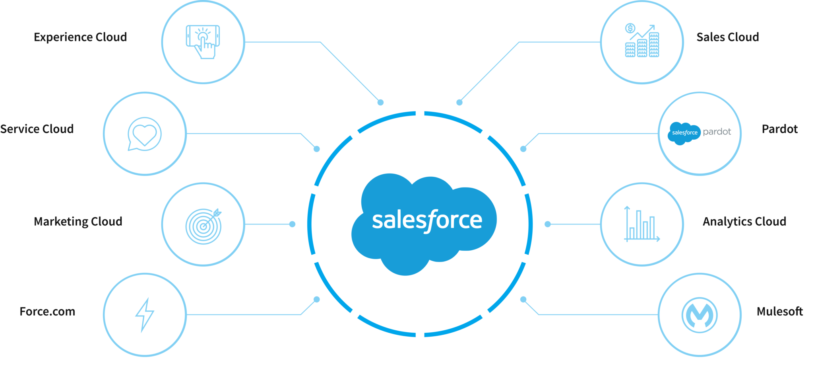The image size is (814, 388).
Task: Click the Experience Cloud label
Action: pos(80,37)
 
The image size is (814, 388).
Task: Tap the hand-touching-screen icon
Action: pos(203,42)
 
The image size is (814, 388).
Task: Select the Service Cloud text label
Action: pos(37,129)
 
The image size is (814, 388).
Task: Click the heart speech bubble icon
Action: pos(145,134)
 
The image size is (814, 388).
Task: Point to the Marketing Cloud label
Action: pos(78,222)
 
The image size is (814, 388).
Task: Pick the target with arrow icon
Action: pos(203,225)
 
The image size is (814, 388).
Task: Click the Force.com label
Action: pos(47,312)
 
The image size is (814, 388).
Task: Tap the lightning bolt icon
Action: pos(145,314)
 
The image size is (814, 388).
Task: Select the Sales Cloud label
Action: pos(727,37)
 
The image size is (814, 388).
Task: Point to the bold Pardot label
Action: pos(779,129)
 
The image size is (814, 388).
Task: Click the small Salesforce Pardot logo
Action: pos(700,133)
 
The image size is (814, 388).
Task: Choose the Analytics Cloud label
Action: pos(744,222)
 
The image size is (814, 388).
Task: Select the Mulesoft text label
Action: pos(779,312)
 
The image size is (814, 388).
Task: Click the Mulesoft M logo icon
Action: pos(700,315)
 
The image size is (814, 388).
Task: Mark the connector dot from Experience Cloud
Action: pos(380,103)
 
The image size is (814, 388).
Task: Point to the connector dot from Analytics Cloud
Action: pos(547,224)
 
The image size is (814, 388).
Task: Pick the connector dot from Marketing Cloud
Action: pos(292,224)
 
